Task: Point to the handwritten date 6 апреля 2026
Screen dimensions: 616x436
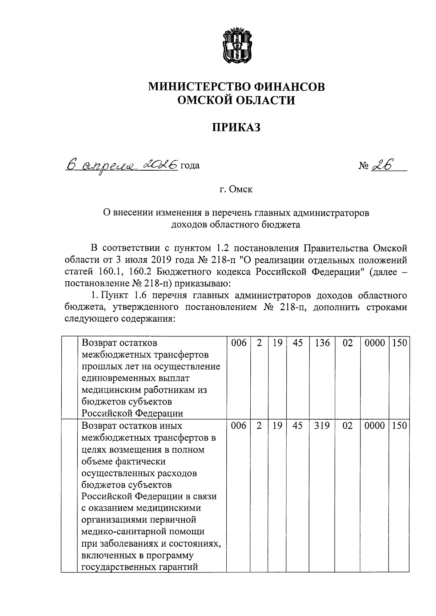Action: (x=122, y=165)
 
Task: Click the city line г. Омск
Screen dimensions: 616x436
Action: (x=236, y=189)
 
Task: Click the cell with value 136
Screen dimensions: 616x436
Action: (x=322, y=343)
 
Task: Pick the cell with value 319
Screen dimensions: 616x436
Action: (x=322, y=426)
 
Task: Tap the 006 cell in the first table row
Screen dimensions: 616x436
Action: (x=239, y=343)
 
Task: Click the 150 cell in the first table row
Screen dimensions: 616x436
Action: (x=399, y=343)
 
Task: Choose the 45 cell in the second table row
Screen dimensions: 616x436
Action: (x=298, y=426)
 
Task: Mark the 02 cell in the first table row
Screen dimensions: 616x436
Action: (x=348, y=343)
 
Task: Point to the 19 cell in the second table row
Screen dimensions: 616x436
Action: (x=277, y=426)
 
